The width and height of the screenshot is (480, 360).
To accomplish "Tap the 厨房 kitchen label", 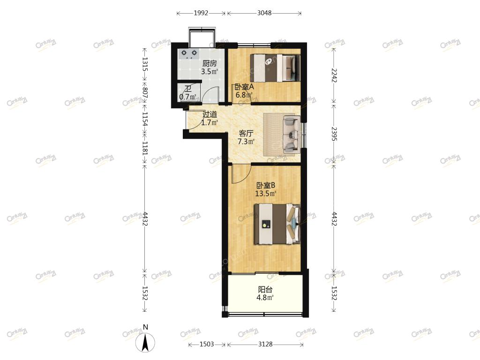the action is [210, 63].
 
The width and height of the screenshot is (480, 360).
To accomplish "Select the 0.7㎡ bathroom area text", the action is [187, 97].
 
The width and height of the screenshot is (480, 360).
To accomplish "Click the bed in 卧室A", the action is [275, 68].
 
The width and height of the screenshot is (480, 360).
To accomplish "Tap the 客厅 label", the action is [246, 134].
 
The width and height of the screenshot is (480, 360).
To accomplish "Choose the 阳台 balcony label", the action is [265, 289].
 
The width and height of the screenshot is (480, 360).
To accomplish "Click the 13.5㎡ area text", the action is [266, 194].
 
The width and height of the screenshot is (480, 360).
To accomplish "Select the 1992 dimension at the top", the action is [201, 13].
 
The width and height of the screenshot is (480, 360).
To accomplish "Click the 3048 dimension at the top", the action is [264, 13].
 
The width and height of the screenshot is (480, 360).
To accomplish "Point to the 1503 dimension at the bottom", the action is [207, 344].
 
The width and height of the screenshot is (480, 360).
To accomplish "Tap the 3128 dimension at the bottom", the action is [265, 344].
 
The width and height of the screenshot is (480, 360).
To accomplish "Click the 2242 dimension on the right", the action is [334, 75].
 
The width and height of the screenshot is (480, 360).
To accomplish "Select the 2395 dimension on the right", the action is [334, 134].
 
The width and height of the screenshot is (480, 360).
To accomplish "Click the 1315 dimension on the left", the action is [145, 65].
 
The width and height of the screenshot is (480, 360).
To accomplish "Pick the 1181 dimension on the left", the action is [145, 148].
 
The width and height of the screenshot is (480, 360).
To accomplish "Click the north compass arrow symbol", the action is [145, 342].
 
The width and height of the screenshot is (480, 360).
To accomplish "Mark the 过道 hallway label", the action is [210, 114].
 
